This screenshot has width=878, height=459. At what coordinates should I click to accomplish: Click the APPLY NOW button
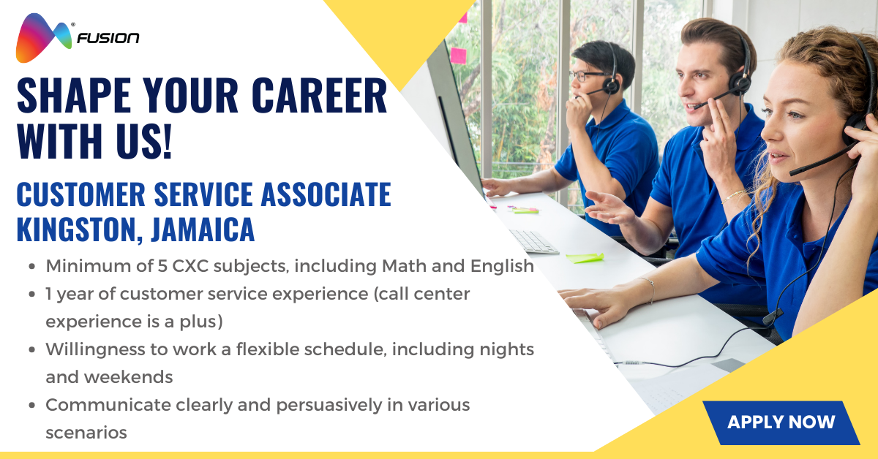click(781, 422)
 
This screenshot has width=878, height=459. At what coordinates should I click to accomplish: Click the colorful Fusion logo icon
click(42, 37)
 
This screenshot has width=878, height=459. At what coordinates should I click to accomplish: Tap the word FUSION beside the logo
click(109, 37)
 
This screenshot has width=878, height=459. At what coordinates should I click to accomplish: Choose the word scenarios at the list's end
click(86, 432)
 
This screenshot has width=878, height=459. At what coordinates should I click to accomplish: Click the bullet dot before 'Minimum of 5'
click(32, 267)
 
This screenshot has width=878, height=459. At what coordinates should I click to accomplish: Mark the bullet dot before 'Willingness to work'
click(32, 350)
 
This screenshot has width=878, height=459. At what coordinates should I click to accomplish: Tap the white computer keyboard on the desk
click(533, 242)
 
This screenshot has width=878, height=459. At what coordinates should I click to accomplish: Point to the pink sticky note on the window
click(458, 55)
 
